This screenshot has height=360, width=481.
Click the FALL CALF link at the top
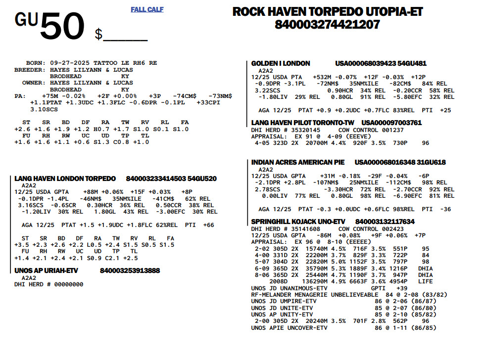click(x=147, y=9)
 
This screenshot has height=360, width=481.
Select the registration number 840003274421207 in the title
click(x=327, y=24)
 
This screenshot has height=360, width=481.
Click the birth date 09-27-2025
click(x=70, y=63)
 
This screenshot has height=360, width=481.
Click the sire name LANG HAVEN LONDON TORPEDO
click(x=65, y=179)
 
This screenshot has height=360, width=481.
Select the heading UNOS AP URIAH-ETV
click(x=46, y=270)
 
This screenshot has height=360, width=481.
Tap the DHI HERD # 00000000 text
click(x=48, y=284)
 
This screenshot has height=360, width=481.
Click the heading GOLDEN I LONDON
click(x=281, y=64)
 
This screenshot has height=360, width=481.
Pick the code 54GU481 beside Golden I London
click(x=412, y=64)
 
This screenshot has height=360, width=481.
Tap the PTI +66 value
click(x=199, y=225)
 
